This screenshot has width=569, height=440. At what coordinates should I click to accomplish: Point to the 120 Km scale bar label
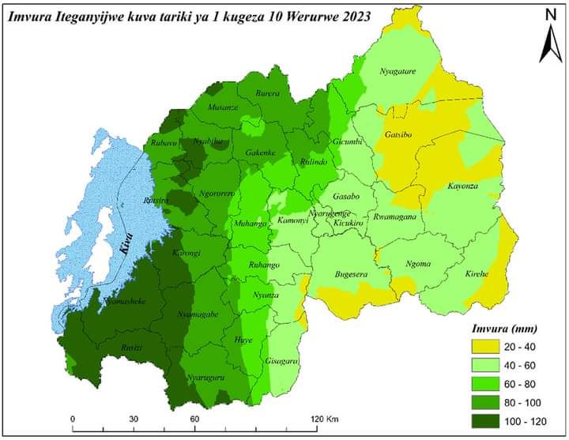(x=325, y=419)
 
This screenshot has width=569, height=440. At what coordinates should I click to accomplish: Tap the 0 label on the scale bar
(x=72, y=419)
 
